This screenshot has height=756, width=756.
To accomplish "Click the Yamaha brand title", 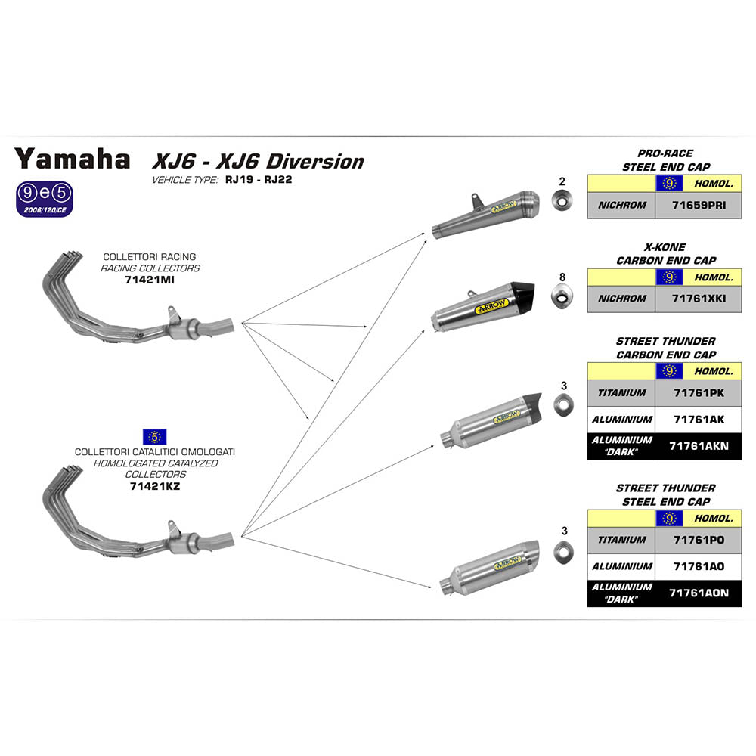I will [x=73, y=159].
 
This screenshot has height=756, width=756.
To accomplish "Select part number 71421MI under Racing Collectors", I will [x=150, y=280].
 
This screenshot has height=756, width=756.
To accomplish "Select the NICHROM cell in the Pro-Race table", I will [x=621, y=205].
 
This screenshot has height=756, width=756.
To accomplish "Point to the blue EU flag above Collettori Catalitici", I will [x=154, y=436].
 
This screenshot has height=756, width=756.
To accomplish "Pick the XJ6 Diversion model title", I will [x=258, y=161].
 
